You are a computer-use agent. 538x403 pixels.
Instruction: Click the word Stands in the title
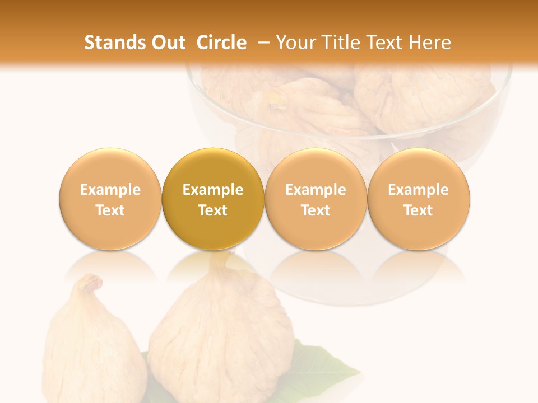click(111, 43)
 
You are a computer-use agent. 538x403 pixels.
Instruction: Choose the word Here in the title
click(431, 43)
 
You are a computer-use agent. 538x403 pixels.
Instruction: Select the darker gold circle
click(213, 200)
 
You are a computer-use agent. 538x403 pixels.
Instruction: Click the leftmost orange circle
click(110, 200)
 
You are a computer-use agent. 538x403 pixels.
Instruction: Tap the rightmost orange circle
click(419, 200)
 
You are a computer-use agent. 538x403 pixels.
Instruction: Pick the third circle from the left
click(316, 200)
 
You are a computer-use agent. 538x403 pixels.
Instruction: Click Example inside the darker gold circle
click(213, 190)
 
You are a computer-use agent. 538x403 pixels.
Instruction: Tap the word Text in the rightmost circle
click(419, 210)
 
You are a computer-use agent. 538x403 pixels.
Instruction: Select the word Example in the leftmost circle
click(110, 190)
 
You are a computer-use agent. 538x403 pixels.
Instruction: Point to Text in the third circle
click(316, 210)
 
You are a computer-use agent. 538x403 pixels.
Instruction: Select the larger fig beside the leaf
click(221, 336)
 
